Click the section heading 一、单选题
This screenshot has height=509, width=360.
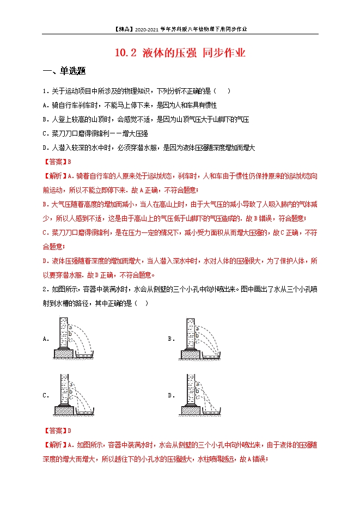pyautogui.click(x=64, y=71)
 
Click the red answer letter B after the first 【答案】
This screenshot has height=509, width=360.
pyautogui.click(x=70, y=162)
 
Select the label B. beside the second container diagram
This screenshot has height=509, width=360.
pyautogui.click(x=171, y=339)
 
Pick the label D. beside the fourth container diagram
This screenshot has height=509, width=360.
pyautogui.click(x=171, y=395)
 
